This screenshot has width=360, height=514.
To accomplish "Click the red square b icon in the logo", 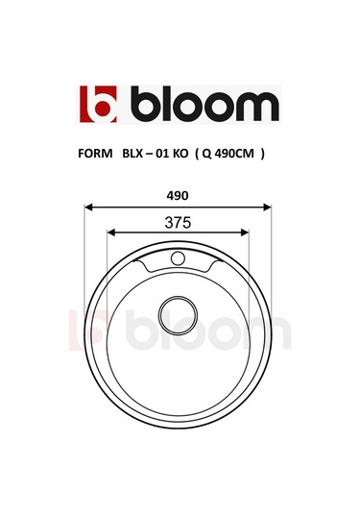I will click(x=97, y=105).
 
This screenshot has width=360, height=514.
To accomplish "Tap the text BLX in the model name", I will click(x=134, y=153).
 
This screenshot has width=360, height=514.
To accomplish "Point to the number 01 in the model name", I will click(x=168, y=153).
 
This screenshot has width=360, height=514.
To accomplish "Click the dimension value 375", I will click(x=179, y=221).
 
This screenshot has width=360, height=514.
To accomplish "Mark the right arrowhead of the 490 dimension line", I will click(x=270, y=206).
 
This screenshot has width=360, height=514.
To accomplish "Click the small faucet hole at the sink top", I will click(x=178, y=257).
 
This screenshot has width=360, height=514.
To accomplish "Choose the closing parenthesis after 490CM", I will click(x=263, y=153).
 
